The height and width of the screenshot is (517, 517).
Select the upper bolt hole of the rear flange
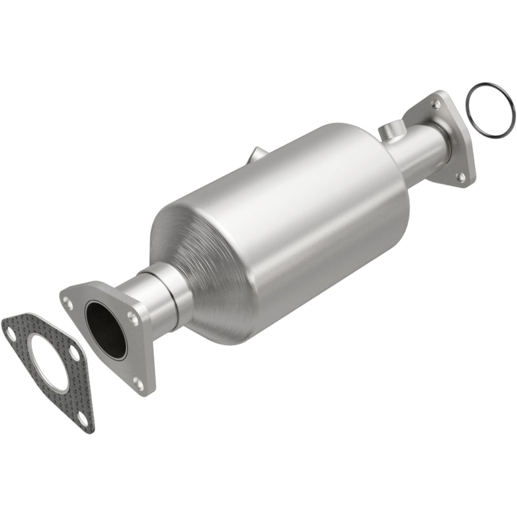coord(438,104)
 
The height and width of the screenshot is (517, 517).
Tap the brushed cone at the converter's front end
coord(207,258)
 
